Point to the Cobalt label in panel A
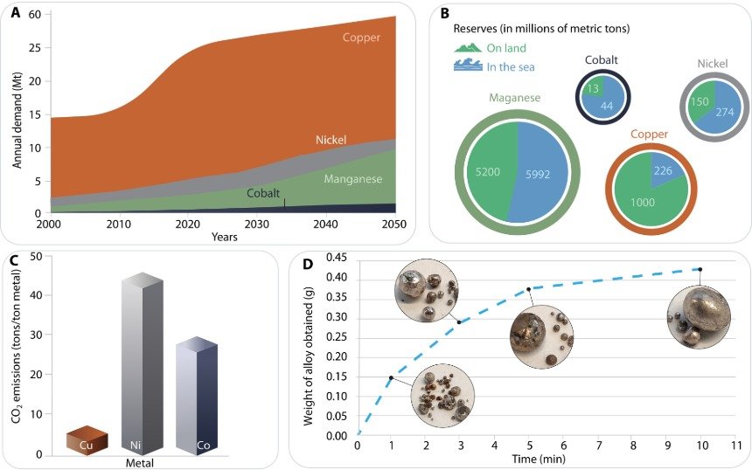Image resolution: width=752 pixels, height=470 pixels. coord(264,193)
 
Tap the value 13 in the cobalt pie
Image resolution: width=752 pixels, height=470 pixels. coord(593,88)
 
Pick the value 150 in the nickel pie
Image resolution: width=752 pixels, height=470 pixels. coord(700,100)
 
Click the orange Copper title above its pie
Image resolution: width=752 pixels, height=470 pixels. coord(650,134)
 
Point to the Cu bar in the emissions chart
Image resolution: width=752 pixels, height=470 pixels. coord(87,441)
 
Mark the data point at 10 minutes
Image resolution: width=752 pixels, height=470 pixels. coord(700,269)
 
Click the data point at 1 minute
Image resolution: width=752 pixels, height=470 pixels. coord(391,377)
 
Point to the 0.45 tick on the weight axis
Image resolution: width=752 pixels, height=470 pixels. coord(337,258)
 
